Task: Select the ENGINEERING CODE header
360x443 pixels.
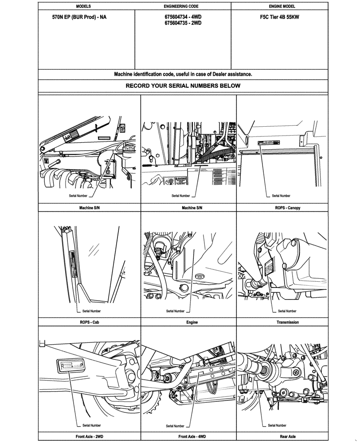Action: pyautogui.click(x=183, y=7)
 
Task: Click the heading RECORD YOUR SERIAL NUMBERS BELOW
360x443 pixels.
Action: pyautogui.click(x=183, y=85)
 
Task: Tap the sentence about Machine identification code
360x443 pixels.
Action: pyautogui.click(x=183, y=74)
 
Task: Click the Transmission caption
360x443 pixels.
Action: pyautogui.click(x=287, y=322)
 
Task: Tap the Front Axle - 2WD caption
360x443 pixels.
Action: pyautogui.click(x=90, y=436)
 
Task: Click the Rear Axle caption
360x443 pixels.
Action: pyautogui.click(x=287, y=436)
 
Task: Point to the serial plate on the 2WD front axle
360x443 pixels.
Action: pyautogui.click(x=71, y=365)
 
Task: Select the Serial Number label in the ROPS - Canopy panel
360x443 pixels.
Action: pyautogui.click(x=281, y=195)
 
